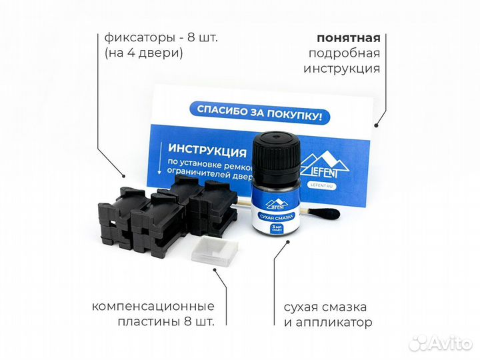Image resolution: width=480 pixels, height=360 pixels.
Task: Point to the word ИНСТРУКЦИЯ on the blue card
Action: tap(204, 147)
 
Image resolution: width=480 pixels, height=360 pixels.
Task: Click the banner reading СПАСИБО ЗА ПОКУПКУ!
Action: tap(259, 114)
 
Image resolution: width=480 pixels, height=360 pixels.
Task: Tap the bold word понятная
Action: tap(349, 37)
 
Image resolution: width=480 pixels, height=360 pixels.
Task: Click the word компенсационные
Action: tap(153, 307)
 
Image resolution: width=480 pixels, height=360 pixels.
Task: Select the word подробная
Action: tap(344, 53)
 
